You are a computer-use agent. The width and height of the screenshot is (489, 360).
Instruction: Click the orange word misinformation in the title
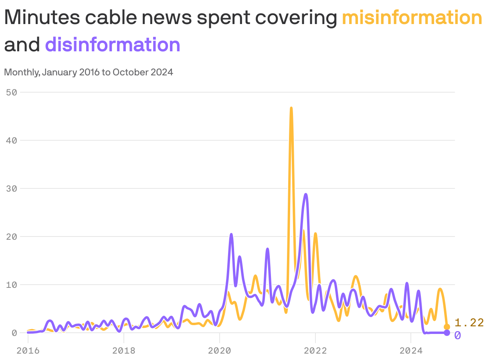tap(412, 18)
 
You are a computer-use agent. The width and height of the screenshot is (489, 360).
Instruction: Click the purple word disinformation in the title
tap(113, 44)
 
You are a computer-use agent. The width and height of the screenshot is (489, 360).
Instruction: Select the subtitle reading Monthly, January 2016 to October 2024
tap(89, 73)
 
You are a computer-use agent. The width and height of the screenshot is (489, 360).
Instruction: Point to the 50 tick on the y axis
tap(12, 92)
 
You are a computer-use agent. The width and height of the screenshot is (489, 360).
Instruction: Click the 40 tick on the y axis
tap(12, 140)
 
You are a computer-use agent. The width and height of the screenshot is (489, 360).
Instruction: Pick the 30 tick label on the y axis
tap(12, 188)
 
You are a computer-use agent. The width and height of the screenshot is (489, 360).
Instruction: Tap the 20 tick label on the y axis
tap(12, 237)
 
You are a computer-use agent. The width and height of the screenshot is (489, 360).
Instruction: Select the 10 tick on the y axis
tap(12, 285)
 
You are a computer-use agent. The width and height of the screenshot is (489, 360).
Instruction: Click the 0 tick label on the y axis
tap(14, 333)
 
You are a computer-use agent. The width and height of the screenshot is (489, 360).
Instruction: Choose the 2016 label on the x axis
tap(28, 351)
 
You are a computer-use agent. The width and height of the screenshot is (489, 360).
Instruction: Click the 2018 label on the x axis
tap(124, 351)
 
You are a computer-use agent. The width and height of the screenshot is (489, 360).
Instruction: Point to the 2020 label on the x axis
tap(220, 351)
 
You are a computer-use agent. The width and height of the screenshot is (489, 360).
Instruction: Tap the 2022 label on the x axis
tap(315, 351)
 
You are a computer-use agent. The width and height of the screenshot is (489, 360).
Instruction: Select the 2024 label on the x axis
tap(411, 351)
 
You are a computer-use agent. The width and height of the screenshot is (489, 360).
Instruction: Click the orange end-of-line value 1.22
tap(469, 323)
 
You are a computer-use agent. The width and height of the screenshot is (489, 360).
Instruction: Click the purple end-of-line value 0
tap(458, 335)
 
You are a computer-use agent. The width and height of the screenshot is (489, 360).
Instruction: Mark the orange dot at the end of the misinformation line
tap(447, 327)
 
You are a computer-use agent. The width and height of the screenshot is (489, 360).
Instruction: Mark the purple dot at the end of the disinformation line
tap(447, 333)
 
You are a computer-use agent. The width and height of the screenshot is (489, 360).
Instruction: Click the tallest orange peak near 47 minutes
tap(291, 108)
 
